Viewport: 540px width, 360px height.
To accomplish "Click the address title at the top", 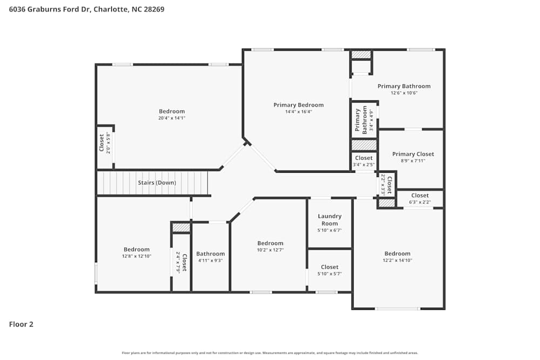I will click(86, 9).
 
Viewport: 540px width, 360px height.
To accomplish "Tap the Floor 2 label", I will click(21, 324).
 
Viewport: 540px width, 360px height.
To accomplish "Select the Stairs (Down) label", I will click(157, 183).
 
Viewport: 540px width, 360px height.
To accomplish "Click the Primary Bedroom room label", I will click(298, 105).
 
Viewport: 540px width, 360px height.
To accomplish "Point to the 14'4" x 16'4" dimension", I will click(298, 112).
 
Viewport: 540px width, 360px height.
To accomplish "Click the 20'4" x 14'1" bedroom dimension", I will click(171, 118).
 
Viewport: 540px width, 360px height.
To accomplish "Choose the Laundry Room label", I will click(329, 220).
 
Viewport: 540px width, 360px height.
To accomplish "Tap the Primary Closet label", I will click(413, 154).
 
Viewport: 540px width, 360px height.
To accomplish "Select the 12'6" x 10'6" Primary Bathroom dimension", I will click(404, 93).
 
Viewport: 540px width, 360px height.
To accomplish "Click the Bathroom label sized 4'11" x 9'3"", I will click(210, 254).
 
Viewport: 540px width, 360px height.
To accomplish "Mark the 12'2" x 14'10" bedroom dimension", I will click(397, 260).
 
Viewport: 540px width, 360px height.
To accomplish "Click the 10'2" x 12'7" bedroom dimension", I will click(270, 250).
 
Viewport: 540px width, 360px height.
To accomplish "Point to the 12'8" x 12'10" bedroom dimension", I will click(137, 256).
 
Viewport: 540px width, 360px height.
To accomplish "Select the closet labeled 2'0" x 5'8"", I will click(104, 143).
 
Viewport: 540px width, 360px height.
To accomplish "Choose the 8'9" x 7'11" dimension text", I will click(413, 160).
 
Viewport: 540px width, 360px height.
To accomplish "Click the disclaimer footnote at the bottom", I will click(269, 353).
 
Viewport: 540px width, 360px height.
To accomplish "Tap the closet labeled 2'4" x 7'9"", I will click(181, 262).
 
